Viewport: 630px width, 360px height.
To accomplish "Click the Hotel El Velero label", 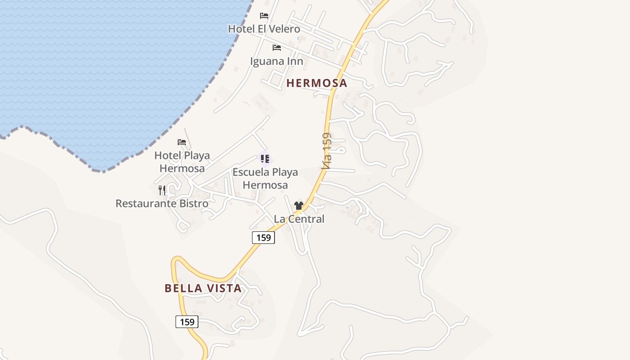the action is click(x=264, y=29).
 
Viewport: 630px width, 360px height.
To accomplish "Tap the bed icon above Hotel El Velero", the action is click(x=264, y=16).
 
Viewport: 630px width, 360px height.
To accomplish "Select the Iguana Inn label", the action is click(x=276, y=61).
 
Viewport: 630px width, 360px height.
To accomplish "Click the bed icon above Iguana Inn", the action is click(x=276, y=48).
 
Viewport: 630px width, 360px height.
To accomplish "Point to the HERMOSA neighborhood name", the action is click(x=317, y=83).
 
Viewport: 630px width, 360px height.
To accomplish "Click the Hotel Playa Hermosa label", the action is click(x=182, y=162).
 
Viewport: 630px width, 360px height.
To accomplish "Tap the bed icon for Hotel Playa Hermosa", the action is click(x=182, y=142).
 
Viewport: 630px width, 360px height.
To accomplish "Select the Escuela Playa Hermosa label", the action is click(x=265, y=179).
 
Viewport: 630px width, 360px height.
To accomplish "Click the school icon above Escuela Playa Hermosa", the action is click(x=265, y=159).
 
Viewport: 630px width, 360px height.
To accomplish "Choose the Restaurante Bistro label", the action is click(x=162, y=203).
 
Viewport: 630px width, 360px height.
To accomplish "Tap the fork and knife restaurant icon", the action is click(x=162, y=190).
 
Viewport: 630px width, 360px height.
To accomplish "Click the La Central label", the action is click(x=299, y=219).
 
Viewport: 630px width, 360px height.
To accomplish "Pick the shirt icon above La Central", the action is click(x=298, y=206).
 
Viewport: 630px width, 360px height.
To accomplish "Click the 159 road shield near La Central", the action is click(x=263, y=238).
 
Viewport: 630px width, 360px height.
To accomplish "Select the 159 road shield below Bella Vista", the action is click(x=187, y=322).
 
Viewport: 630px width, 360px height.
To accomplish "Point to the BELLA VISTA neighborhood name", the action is click(x=203, y=288).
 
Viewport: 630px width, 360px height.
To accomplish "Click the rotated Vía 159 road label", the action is click(x=327, y=151).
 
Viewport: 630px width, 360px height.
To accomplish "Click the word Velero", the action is click(x=285, y=29).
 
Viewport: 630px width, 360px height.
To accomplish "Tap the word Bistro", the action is click(x=193, y=203).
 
